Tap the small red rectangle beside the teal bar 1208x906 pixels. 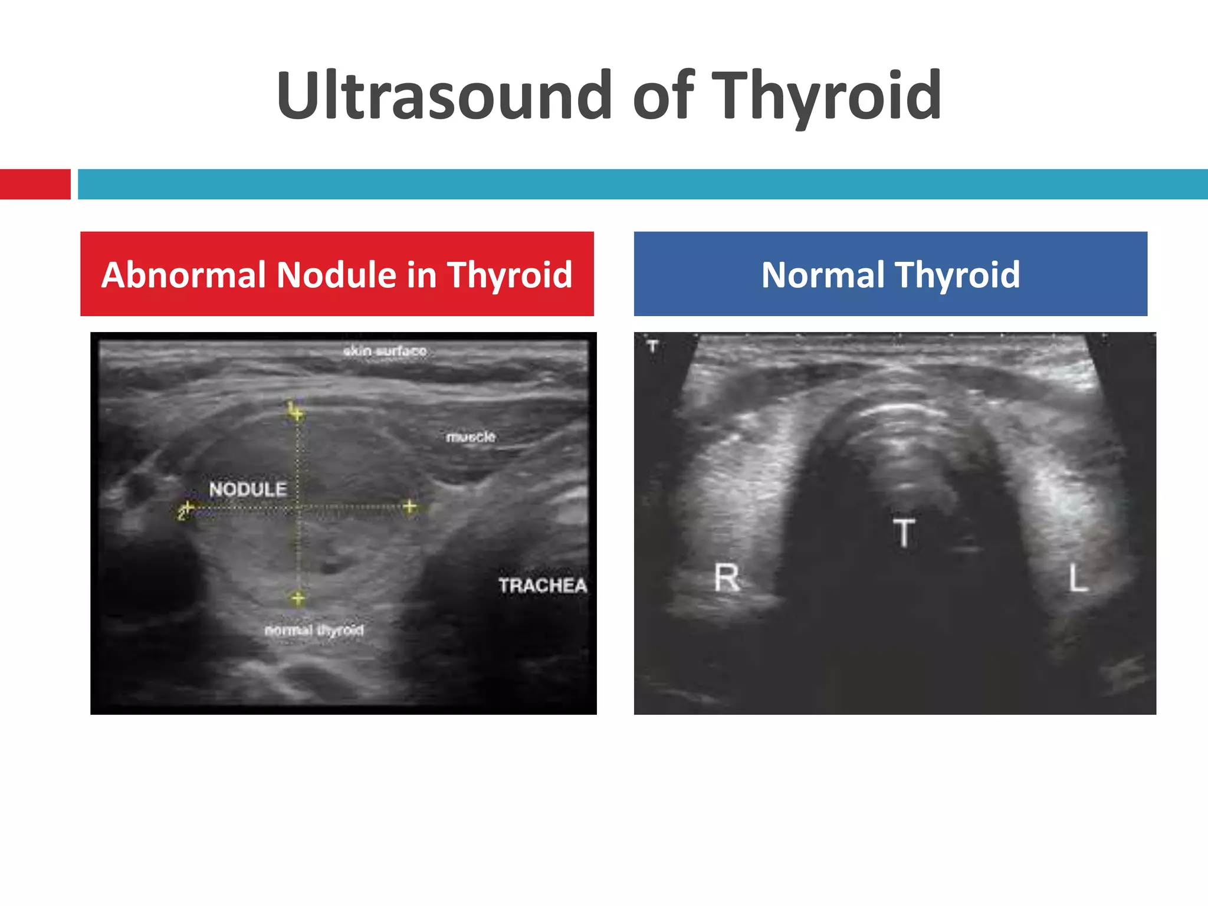coord(35,184)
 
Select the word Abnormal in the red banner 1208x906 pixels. coord(183,275)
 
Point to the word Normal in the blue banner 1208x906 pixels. coord(822,275)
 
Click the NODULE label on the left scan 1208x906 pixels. coord(248,489)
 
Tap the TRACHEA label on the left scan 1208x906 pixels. coord(542,585)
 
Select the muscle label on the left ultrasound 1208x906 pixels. coord(470,437)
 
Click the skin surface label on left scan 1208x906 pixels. coord(385,351)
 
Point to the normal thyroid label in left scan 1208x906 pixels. coord(314,630)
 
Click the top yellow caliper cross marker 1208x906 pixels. coord(297,413)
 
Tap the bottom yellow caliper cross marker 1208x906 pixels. coord(298,599)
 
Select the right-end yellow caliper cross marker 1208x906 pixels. coord(409,506)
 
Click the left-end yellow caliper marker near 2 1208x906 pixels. coord(187,507)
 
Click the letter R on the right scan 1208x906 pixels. coord(726,577)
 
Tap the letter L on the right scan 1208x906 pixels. coord(1078,577)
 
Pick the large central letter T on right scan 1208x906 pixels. coord(904,533)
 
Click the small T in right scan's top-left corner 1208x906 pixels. coord(652,346)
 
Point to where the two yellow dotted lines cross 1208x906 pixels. coord(298,507)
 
